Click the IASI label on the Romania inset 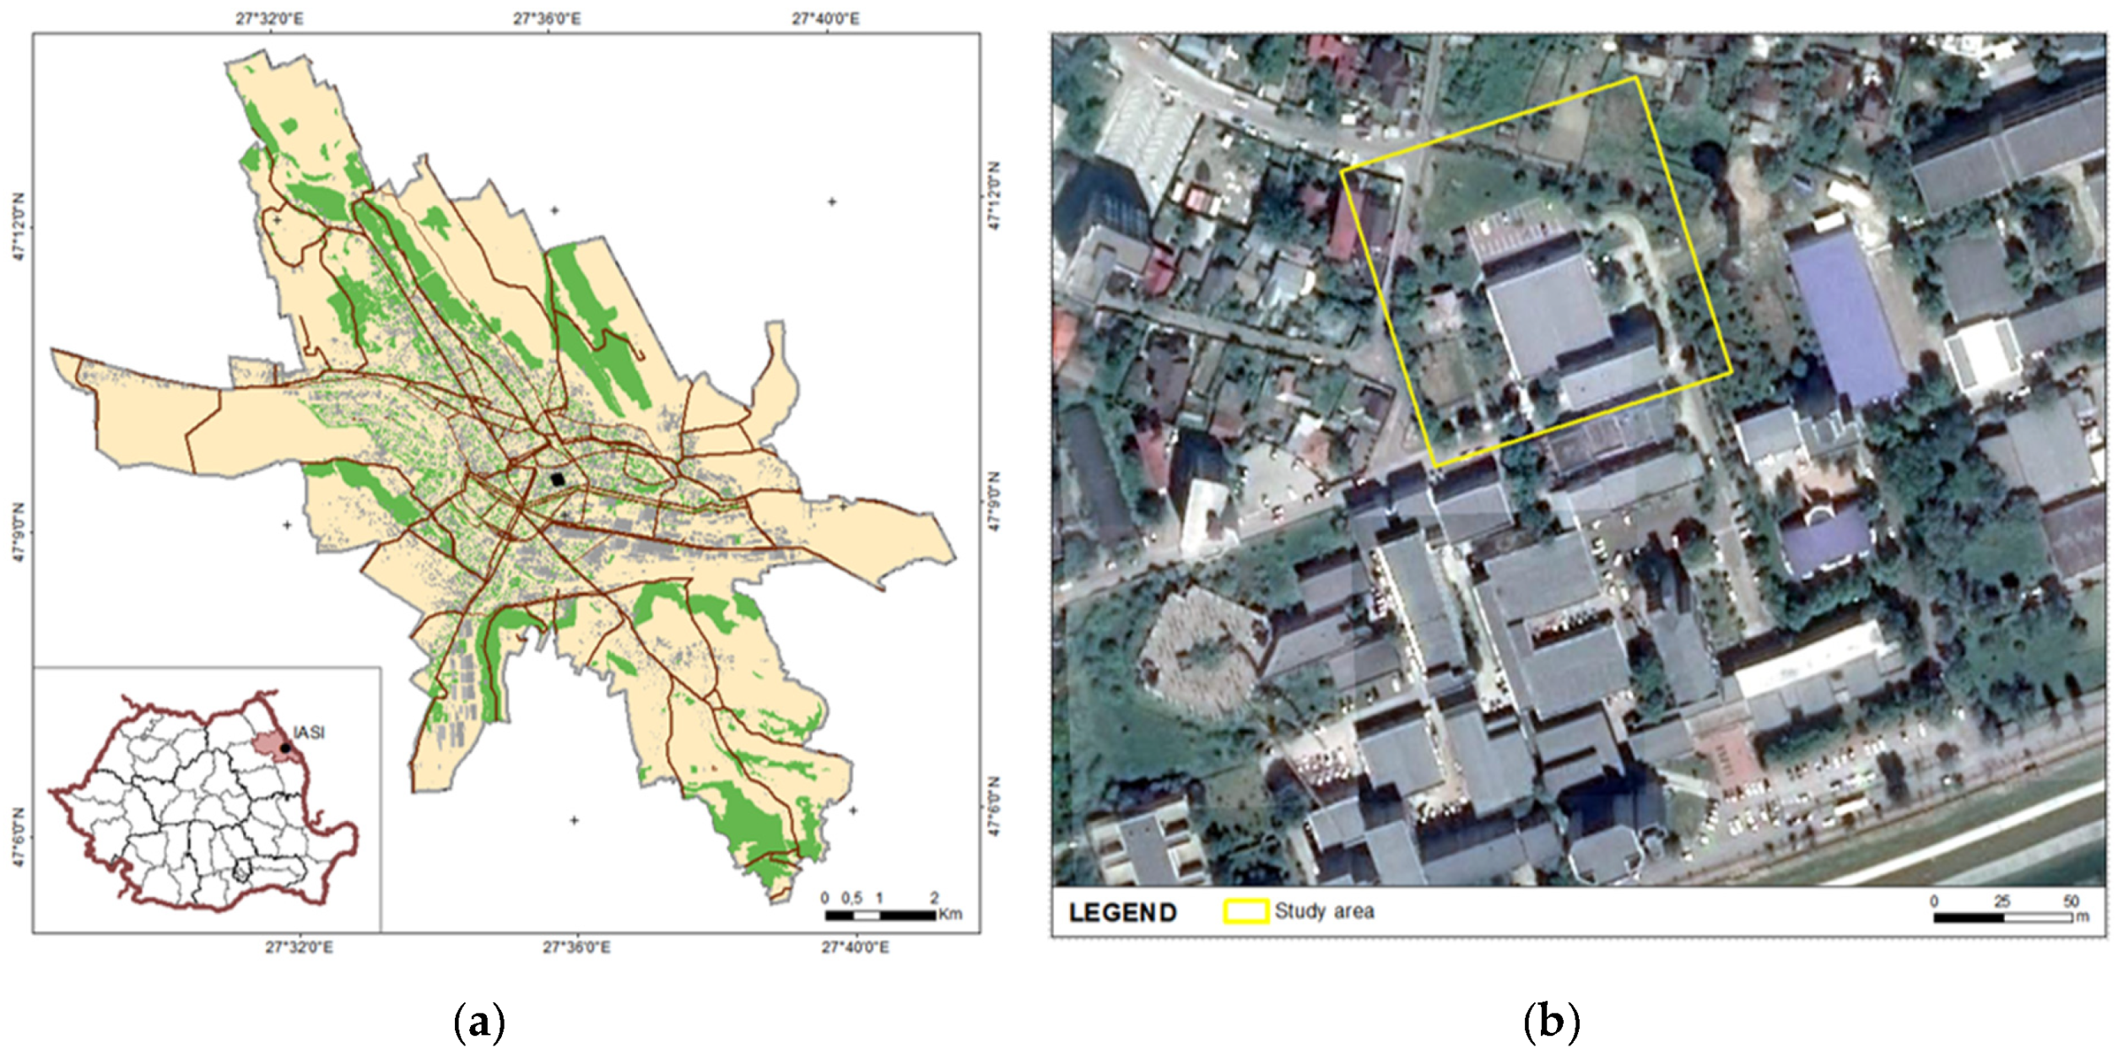309,732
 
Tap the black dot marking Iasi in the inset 285,748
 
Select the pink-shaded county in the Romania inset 272,745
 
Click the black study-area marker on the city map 558,478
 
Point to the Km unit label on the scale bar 950,914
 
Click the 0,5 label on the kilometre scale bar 851,898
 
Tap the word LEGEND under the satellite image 1122,913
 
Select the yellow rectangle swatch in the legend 1245,911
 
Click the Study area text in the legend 1324,911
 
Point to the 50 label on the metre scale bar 2071,901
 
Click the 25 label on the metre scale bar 2002,901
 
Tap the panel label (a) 479,1022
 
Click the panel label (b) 1551,1022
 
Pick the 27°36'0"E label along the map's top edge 547,19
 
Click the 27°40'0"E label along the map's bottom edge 855,948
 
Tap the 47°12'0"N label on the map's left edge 19,226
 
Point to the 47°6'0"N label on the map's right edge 993,807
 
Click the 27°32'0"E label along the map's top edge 269,19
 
